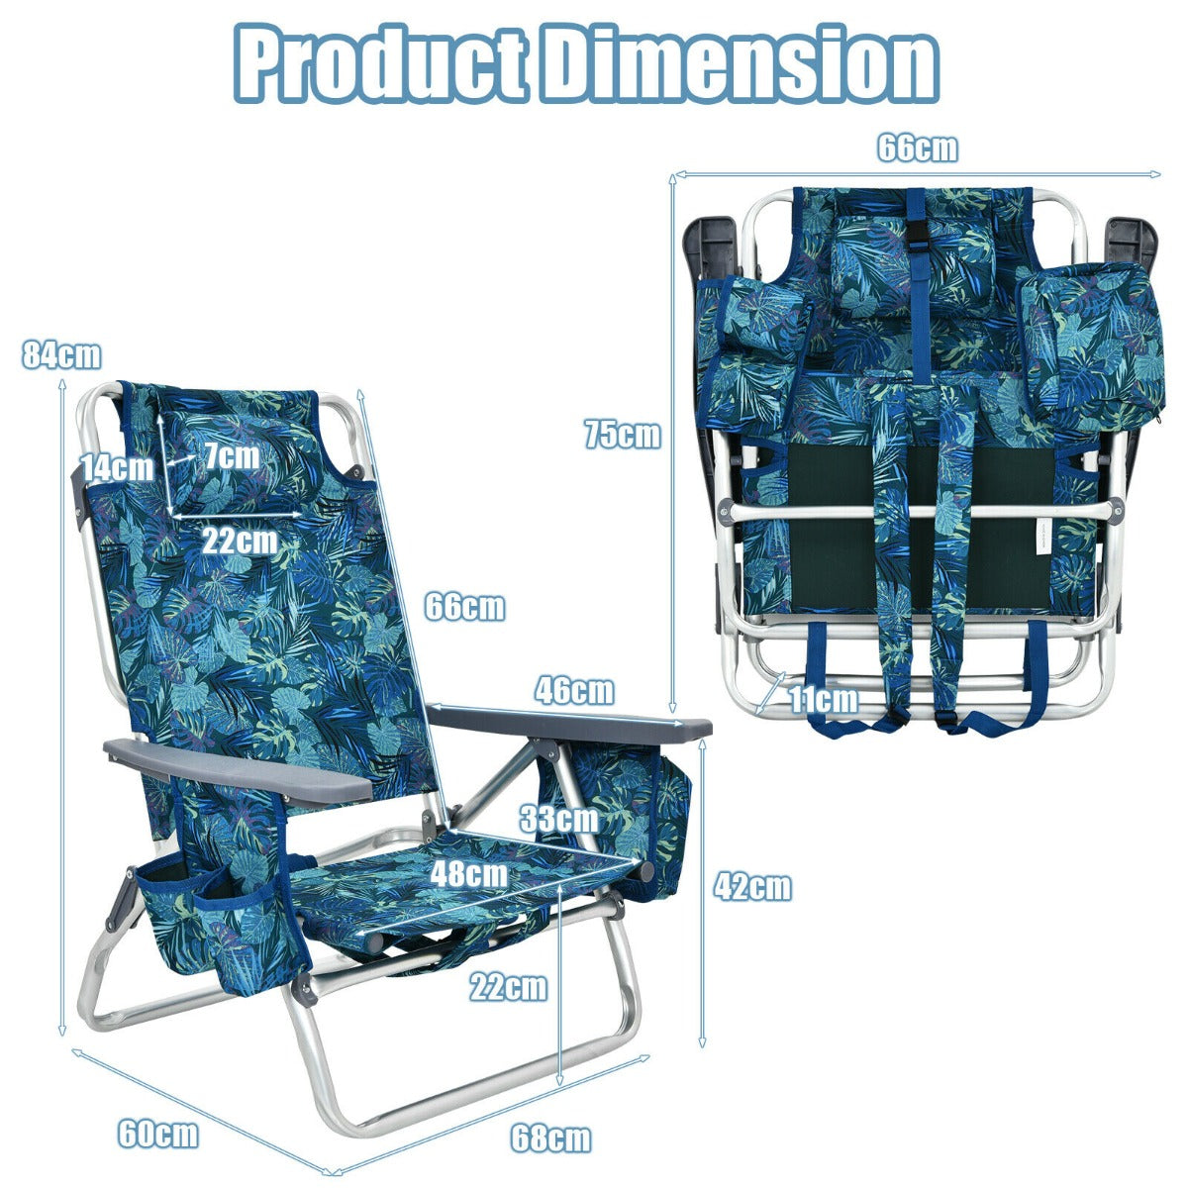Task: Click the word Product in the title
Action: click(380, 63)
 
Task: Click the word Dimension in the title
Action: click(740, 63)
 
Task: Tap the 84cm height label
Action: click(61, 355)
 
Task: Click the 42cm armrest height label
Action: click(752, 888)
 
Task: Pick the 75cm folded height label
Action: click(623, 434)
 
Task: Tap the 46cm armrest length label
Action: click(574, 690)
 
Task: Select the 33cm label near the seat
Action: click(558, 820)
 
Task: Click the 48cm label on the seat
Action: click(468, 873)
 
